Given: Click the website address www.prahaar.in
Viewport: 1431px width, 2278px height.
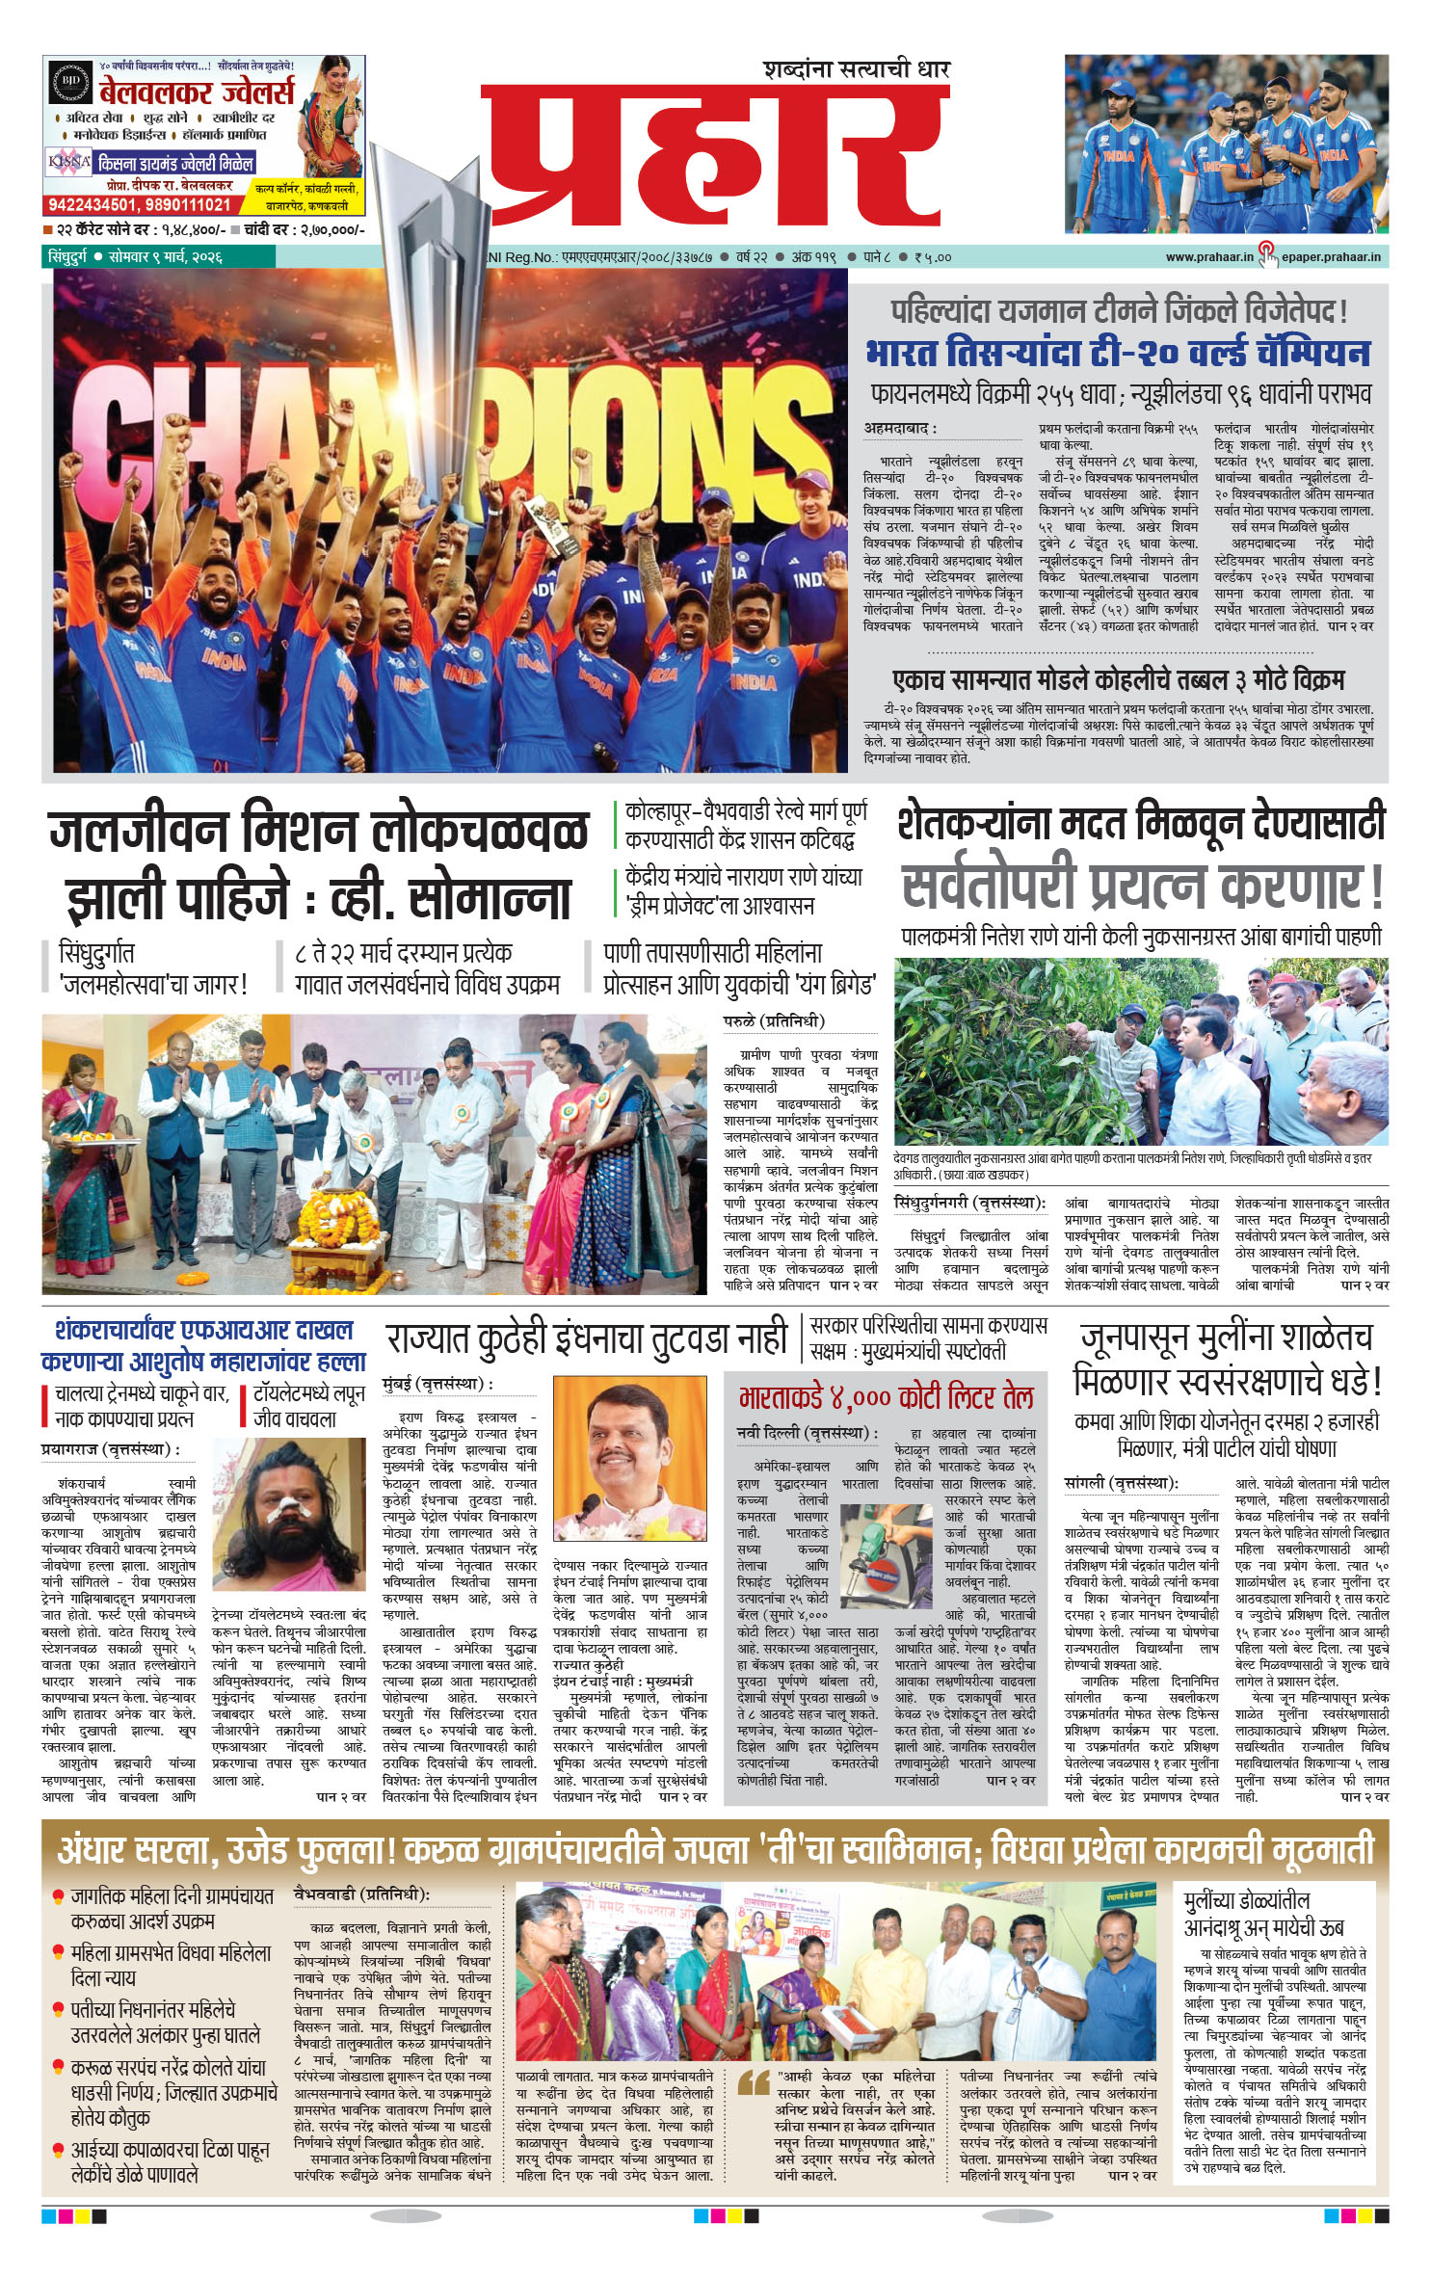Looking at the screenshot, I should click(x=1208, y=257).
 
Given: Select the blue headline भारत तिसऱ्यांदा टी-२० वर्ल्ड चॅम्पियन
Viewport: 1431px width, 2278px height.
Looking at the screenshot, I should click(x=1117, y=353).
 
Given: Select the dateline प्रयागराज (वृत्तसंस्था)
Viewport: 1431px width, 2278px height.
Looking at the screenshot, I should click(x=110, y=1449).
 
